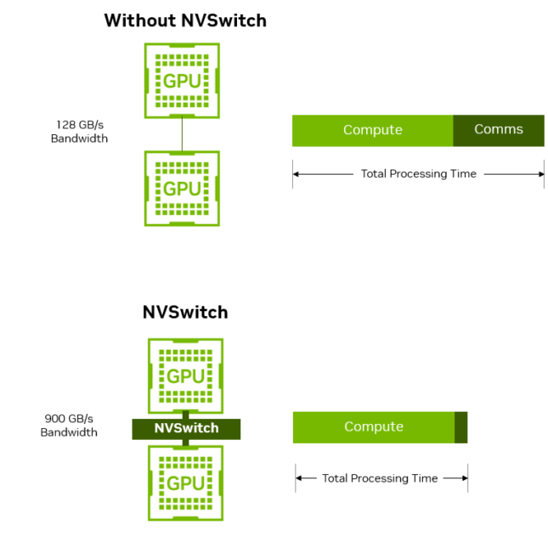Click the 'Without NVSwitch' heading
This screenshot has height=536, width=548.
185,20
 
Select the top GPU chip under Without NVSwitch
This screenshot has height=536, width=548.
182,81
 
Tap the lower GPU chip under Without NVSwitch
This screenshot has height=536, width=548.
182,188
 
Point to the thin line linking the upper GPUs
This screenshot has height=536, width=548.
182,134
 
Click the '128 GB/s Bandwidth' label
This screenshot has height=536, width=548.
79,131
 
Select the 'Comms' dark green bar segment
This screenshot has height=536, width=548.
498,130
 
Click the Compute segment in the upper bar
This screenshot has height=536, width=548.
372,130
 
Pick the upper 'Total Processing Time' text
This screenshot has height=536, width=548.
418,173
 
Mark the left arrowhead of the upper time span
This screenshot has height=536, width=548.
297,173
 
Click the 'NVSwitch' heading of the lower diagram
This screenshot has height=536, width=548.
185,312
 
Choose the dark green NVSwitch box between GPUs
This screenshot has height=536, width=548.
186,428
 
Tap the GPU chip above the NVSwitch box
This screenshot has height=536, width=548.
185,375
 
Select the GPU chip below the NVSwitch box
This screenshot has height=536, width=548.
185,482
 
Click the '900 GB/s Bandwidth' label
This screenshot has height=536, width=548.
69,426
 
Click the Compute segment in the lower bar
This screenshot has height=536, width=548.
373,426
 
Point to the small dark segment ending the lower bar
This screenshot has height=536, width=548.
460,426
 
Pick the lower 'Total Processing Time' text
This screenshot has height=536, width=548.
380,478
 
